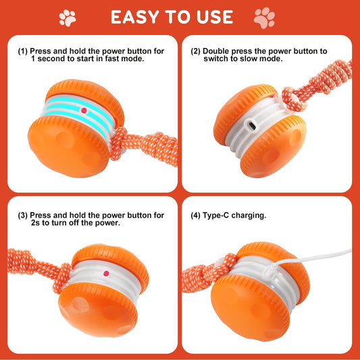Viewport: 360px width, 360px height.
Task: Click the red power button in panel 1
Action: tap(83, 109)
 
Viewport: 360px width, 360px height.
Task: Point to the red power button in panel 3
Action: tap(105, 274)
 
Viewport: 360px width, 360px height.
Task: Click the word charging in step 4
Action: tap(251, 215)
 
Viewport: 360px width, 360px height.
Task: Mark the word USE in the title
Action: tap(213, 17)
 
